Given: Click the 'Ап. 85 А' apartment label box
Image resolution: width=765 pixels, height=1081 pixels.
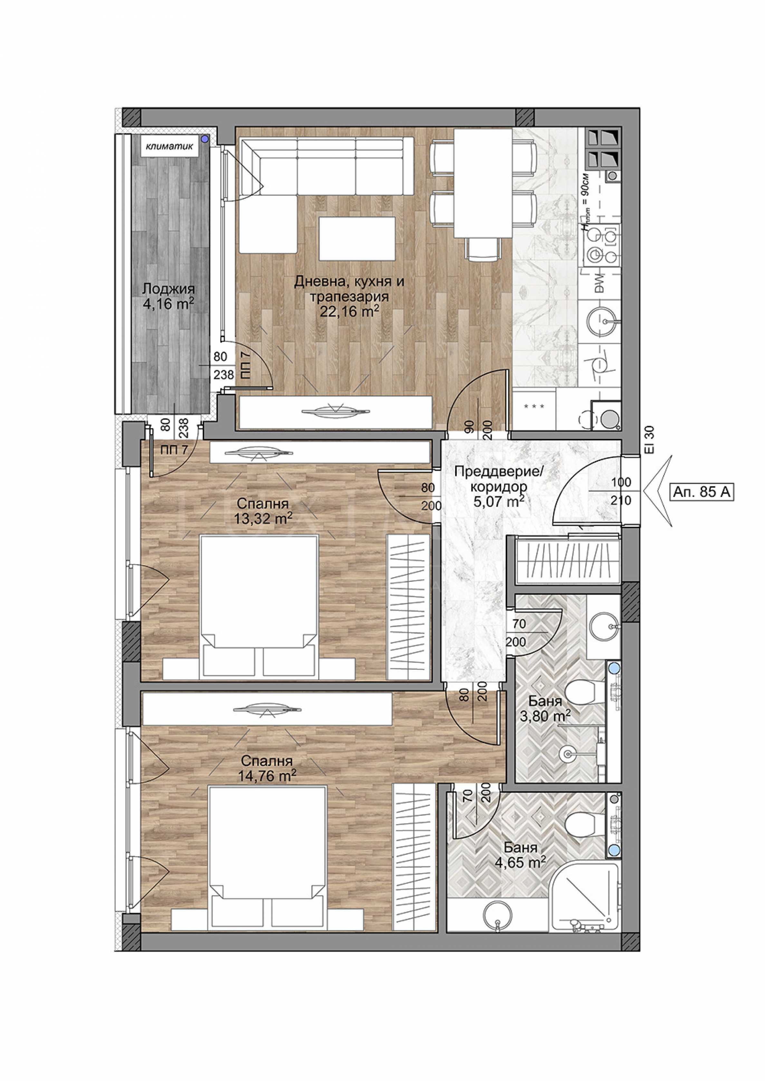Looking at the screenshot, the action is coord(702,493).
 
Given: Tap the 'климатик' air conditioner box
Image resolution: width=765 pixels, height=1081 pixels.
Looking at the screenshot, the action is coord(169,146).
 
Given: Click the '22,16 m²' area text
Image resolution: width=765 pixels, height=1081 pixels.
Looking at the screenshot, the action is coord(349,311).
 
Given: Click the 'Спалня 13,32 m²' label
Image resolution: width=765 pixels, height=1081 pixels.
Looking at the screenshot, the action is coord(263,511).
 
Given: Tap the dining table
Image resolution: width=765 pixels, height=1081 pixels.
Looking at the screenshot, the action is coord(483,183).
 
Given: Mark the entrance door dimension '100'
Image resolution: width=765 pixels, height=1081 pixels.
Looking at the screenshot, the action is coord(621,482).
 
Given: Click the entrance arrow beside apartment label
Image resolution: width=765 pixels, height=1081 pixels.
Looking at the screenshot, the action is coord(657,491).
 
